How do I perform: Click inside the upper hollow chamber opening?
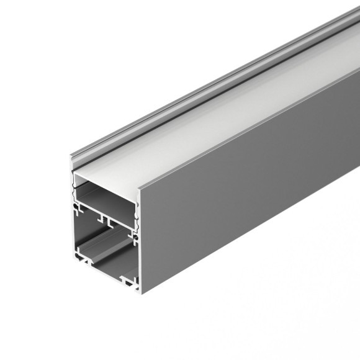tap(106, 192)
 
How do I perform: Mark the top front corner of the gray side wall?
tap(140, 187)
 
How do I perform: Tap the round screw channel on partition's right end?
tap(132, 235)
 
